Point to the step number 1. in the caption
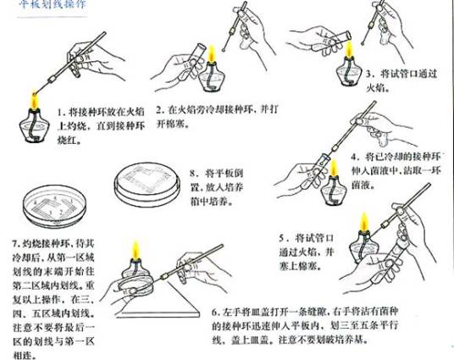[61, 111]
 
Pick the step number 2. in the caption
[170, 110]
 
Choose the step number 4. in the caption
[355, 158]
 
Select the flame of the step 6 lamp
[135, 251]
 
